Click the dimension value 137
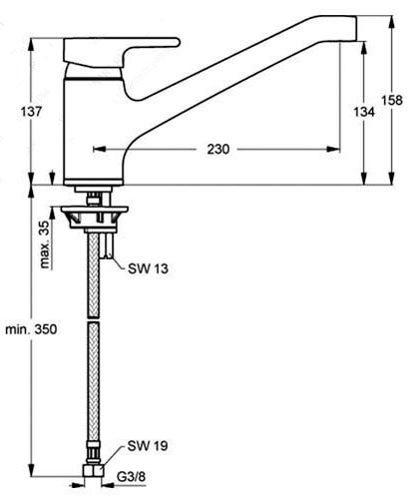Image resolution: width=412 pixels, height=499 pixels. (x=32, y=112)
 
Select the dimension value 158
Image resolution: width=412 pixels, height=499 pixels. (x=392, y=100)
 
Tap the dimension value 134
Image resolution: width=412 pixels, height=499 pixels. (x=364, y=112)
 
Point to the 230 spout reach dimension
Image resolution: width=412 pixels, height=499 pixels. (x=218, y=149)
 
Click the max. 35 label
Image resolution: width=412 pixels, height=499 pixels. (x=45, y=245)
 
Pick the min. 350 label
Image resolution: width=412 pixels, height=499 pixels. (x=31, y=329)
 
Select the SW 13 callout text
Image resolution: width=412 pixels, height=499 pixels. (x=148, y=268)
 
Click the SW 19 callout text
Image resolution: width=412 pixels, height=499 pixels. (x=148, y=446)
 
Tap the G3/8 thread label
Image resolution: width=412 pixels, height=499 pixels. (x=131, y=477)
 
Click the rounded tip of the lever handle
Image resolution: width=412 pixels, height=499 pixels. (x=177, y=42)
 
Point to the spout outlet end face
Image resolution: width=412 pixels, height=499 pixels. (x=356, y=29)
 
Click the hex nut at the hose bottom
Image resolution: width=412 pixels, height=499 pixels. (x=93, y=471)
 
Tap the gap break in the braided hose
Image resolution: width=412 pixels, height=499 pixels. (x=93, y=319)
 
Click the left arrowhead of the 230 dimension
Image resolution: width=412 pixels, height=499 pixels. (x=99, y=149)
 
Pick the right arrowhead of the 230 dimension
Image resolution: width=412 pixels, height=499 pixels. (x=333, y=149)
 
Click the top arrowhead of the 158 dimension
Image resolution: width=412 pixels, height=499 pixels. (x=392, y=22)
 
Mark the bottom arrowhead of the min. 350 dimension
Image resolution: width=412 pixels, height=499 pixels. (x=32, y=471)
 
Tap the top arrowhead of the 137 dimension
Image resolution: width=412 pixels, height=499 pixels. (x=32, y=45)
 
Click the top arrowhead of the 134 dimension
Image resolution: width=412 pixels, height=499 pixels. (x=364, y=48)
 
